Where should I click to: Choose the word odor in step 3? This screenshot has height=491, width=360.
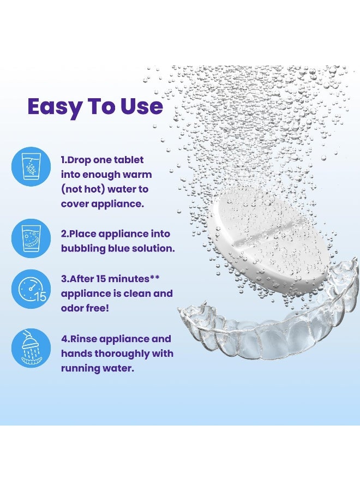pos(72,308)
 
